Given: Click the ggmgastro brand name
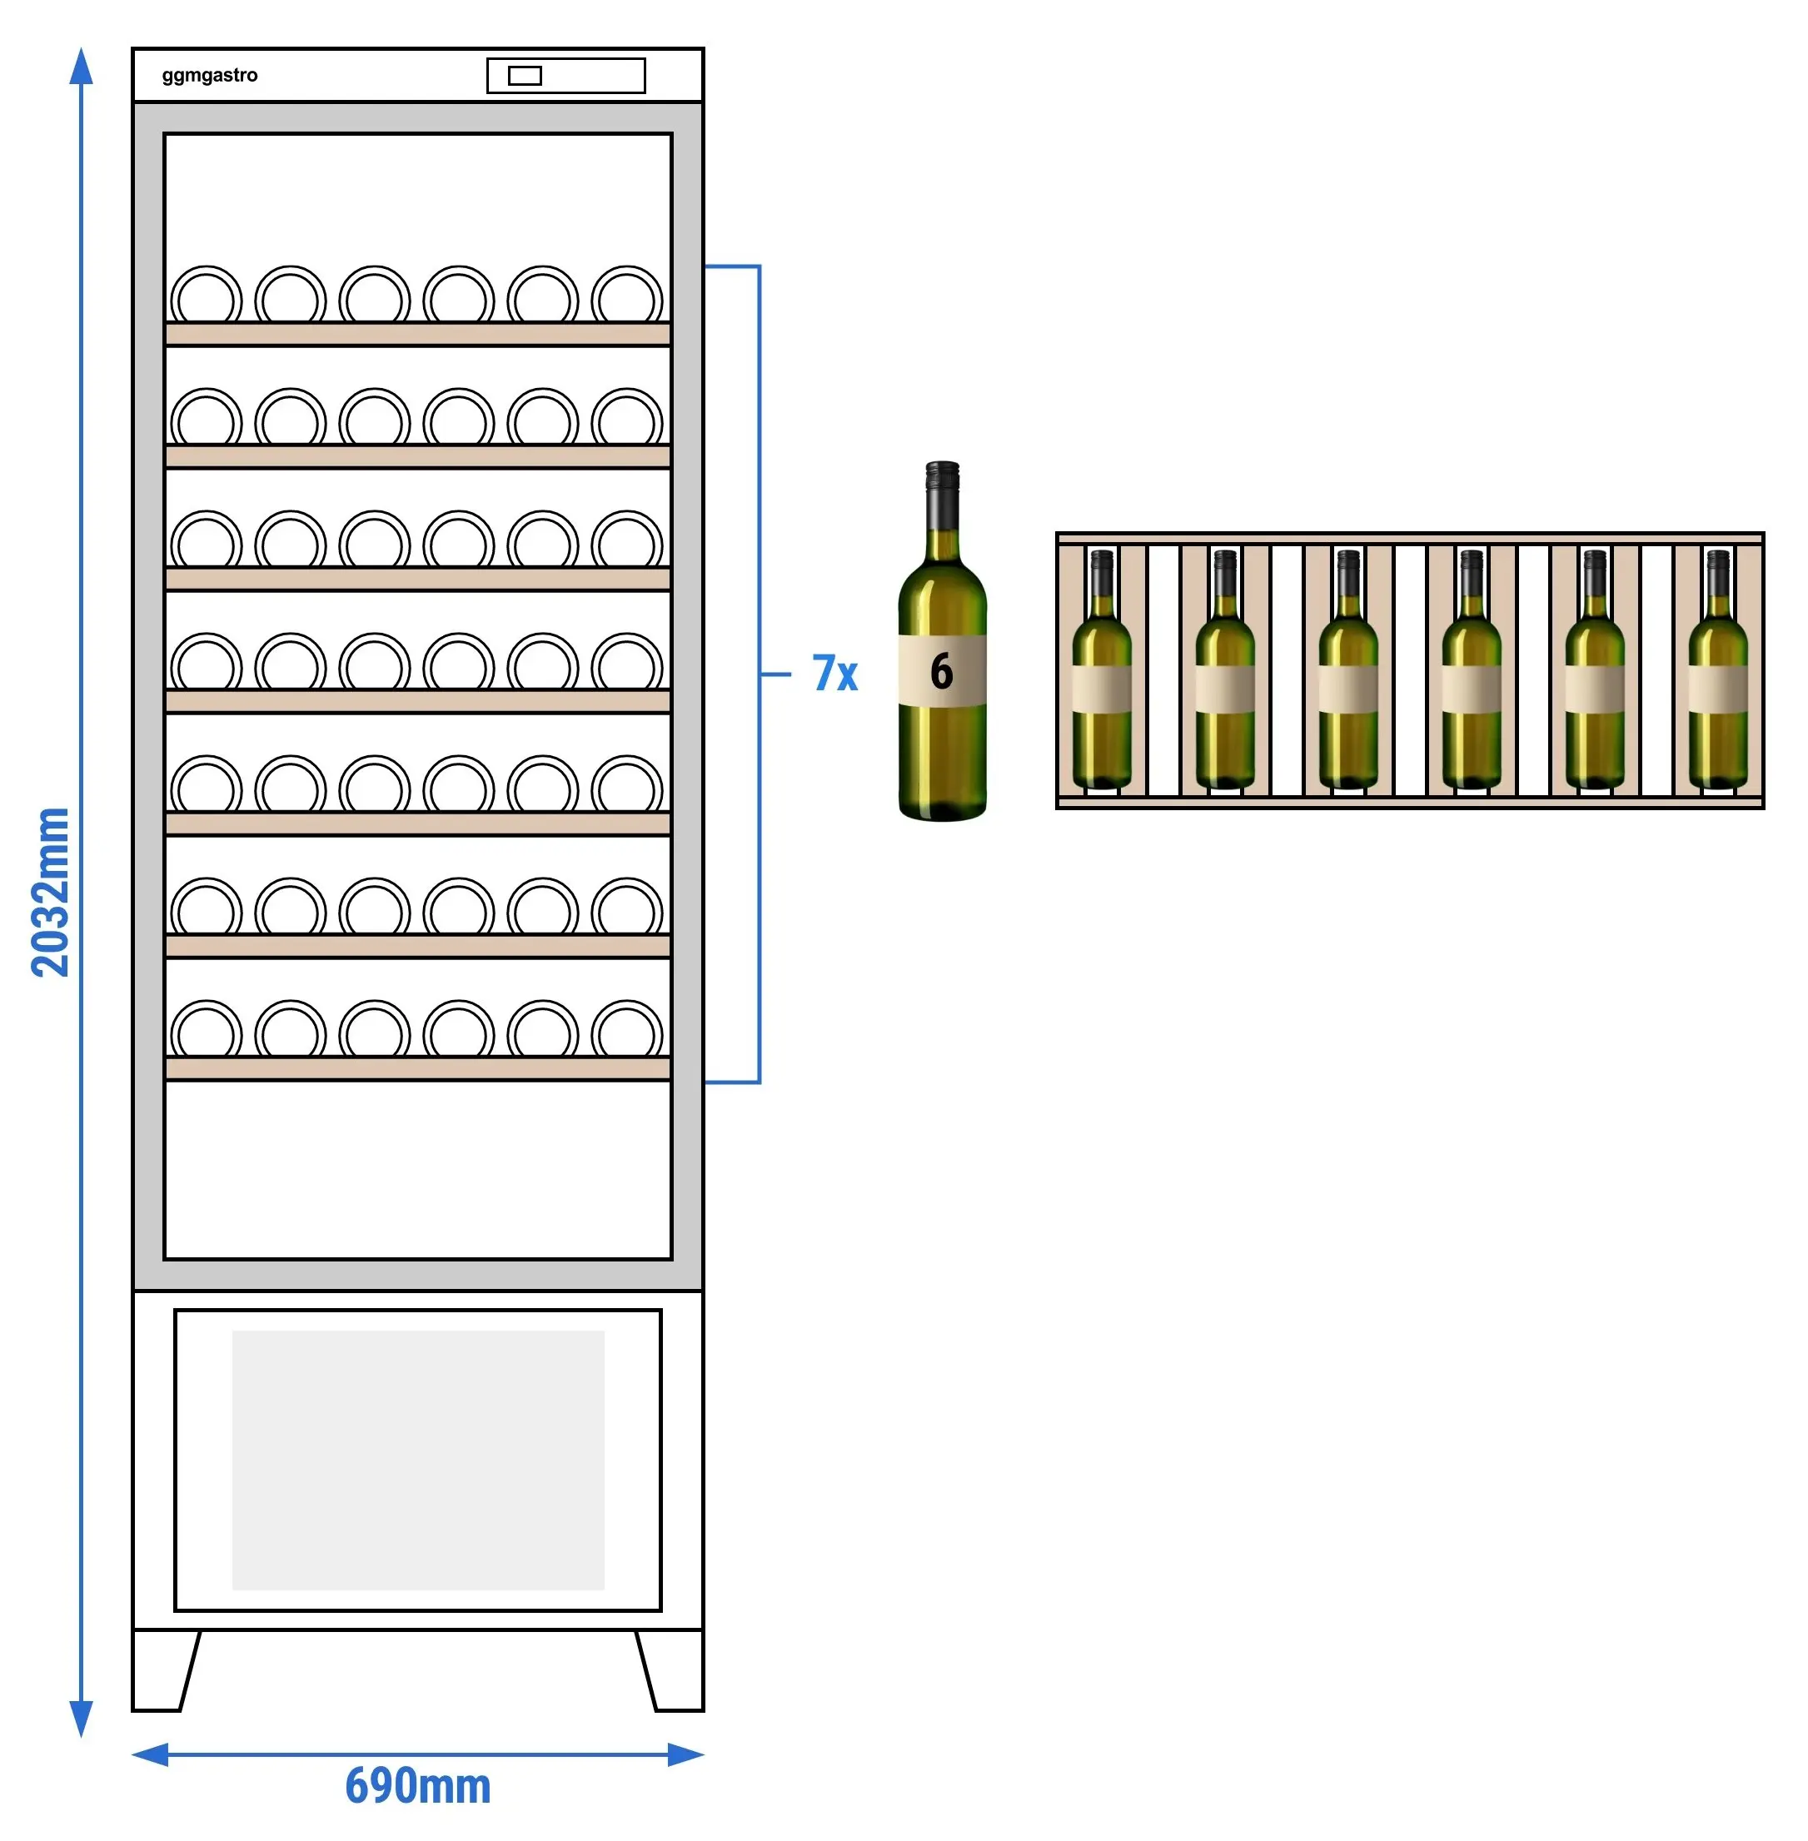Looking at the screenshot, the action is (209, 76).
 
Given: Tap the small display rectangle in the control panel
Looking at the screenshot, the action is (525, 76).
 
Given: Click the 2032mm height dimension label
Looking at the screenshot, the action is (50, 893).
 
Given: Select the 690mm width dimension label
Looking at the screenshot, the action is (418, 1785).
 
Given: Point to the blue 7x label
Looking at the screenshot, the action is (834, 673).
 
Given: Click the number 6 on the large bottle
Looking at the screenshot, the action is (941, 671).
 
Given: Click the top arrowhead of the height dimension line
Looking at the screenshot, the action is (82, 66).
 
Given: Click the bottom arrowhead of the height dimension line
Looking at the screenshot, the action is (82, 1719).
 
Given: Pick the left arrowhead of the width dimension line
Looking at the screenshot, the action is (150, 1754).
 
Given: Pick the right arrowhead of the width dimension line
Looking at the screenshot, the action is (685, 1754).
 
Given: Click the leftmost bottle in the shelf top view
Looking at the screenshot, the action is (1102, 670).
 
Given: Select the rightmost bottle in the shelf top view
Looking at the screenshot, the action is (1718, 670).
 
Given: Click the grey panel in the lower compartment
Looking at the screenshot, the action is (418, 1460).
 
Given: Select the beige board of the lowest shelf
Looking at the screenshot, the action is (418, 1069).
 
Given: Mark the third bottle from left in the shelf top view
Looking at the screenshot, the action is (1348, 670).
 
